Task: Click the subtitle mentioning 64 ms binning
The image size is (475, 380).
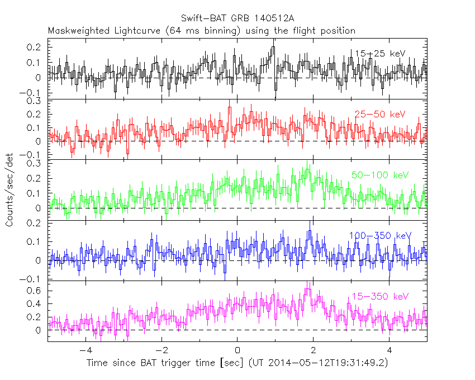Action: click(x=201, y=31)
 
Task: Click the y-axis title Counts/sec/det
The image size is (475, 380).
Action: click(x=9, y=191)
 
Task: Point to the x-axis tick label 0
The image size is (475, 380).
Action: click(x=237, y=352)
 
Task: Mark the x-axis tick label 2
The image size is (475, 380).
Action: click(x=313, y=352)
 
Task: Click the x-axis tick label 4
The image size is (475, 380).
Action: click(x=389, y=352)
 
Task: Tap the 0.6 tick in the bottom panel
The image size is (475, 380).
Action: click(x=36, y=291)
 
